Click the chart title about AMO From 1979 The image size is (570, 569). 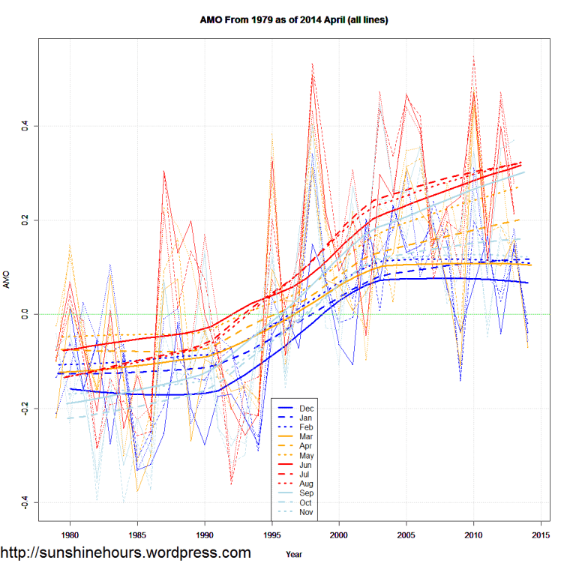(293, 19)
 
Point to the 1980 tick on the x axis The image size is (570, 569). (70, 535)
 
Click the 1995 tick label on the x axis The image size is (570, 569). (272, 535)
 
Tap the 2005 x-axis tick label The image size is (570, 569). (406, 535)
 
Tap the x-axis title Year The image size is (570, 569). (295, 555)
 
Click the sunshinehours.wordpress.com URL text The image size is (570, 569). (125, 553)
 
